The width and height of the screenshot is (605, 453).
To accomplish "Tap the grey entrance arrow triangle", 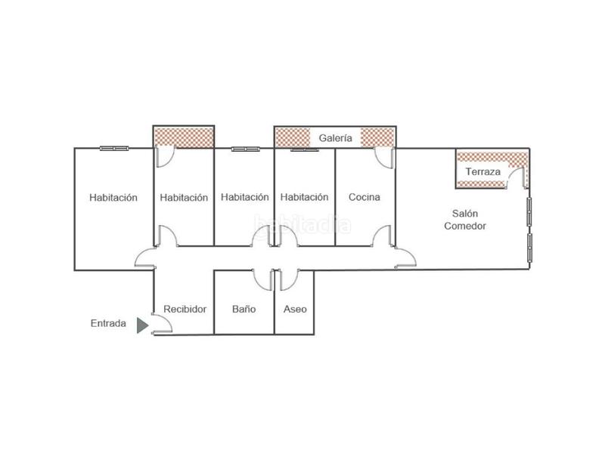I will click(x=141, y=325).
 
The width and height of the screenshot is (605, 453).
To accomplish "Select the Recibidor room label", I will click(x=185, y=309).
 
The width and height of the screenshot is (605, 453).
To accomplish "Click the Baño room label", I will click(x=244, y=309).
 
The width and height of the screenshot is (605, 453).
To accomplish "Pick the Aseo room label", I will click(x=294, y=309).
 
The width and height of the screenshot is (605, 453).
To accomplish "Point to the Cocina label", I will click(x=364, y=197).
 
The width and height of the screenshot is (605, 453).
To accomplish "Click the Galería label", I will click(x=335, y=138).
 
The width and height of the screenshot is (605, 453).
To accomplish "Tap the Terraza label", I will click(x=482, y=172).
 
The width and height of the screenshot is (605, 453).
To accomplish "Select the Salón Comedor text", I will click(x=464, y=220).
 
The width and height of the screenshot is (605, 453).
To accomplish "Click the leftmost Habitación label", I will click(x=113, y=198).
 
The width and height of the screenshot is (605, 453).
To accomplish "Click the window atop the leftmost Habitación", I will click(x=113, y=148).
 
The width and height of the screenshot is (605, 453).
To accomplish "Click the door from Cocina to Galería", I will click(x=385, y=157).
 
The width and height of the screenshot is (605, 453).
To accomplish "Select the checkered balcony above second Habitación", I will click(x=184, y=137).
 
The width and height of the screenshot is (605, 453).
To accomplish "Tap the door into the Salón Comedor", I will click(x=404, y=257).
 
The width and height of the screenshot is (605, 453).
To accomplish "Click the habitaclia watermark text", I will click(x=302, y=223).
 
